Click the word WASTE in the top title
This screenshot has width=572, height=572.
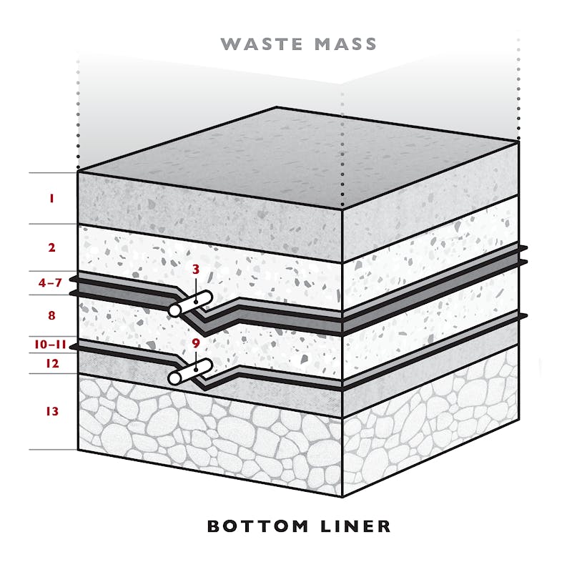point(260,44)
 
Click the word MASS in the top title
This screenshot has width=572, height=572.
point(340,44)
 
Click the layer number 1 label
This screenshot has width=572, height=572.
point(51,198)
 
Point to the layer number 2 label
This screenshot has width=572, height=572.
point(51,248)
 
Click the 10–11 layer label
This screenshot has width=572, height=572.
point(50,344)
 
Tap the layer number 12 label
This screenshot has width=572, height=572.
point(51,363)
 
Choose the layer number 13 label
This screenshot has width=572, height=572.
point(51,411)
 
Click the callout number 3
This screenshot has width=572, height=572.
point(195,270)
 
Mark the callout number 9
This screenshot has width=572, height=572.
point(195,343)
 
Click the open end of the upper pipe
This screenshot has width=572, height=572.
point(175,310)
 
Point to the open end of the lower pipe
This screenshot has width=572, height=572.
point(174,378)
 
